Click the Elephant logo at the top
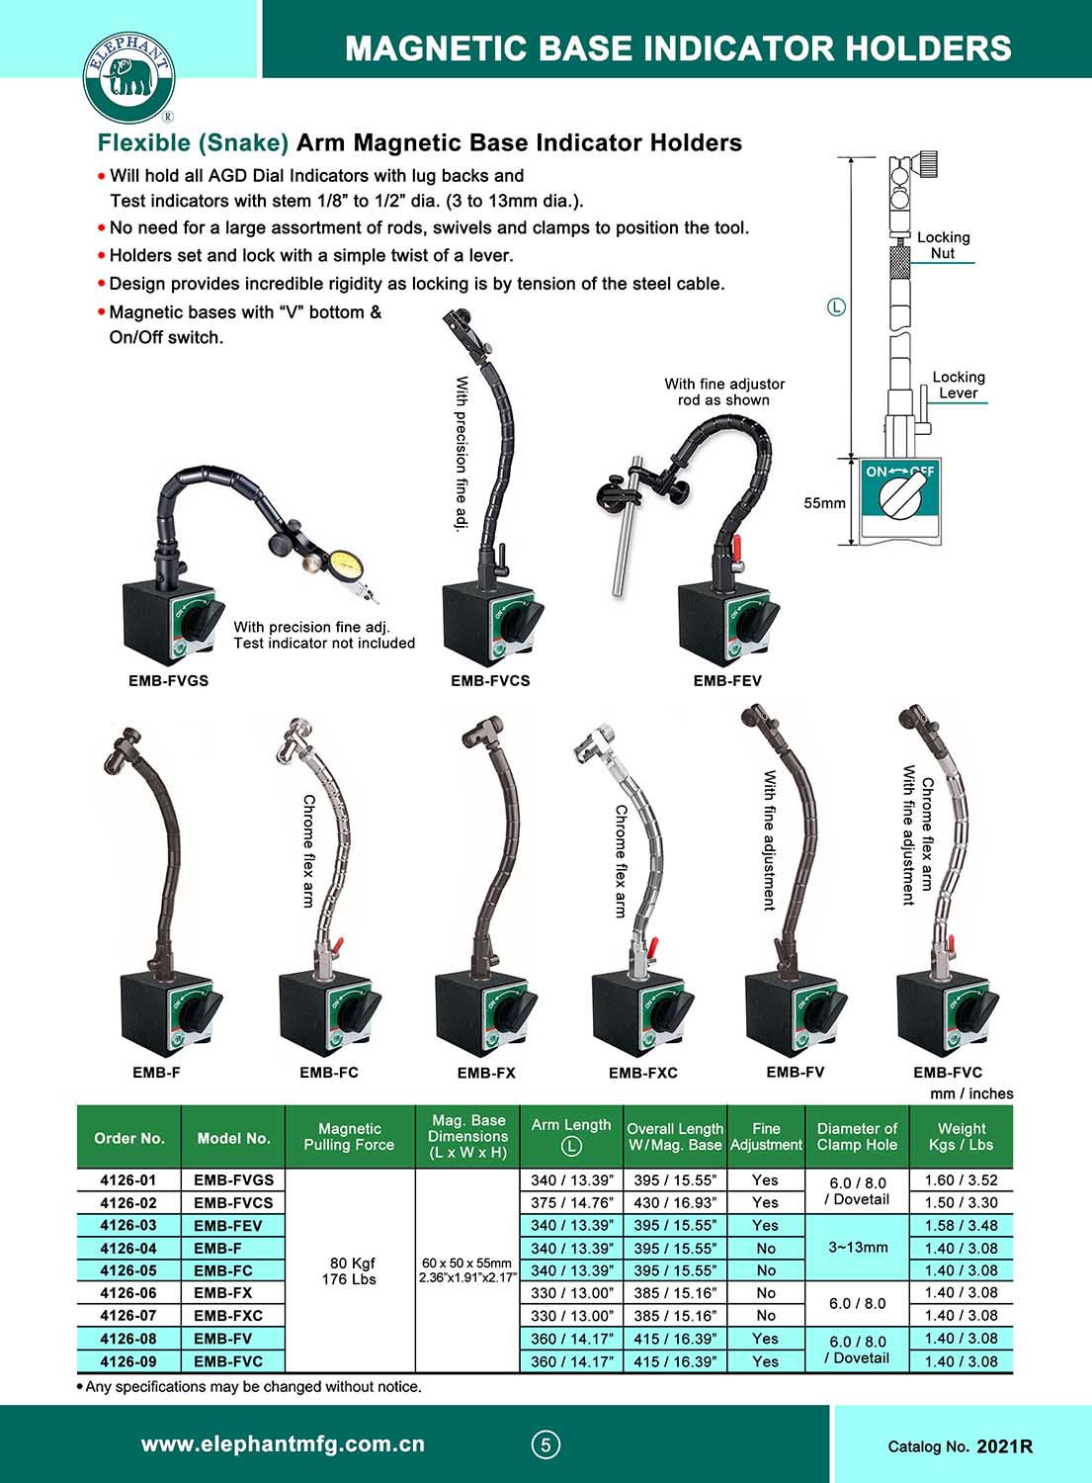pos(127,77)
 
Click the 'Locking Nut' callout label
pos(943,245)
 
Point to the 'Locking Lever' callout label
pos(958,385)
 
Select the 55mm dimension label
pos(824,503)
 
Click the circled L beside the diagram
pos(836,307)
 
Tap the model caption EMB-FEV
pos(727,680)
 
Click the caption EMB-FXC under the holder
pos(642,1073)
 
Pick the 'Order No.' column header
pos(129,1138)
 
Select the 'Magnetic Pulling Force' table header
pos(349,1137)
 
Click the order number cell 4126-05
pos(128,1270)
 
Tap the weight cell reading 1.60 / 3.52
pos(961,1179)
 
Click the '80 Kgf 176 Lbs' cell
pos(349,1270)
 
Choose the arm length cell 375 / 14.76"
pos(571,1202)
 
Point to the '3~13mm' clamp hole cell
pos(858,1248)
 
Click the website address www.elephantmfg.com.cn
pos(283,1444)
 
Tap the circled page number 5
pos(546,1445)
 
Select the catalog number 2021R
pos(1004,1446)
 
